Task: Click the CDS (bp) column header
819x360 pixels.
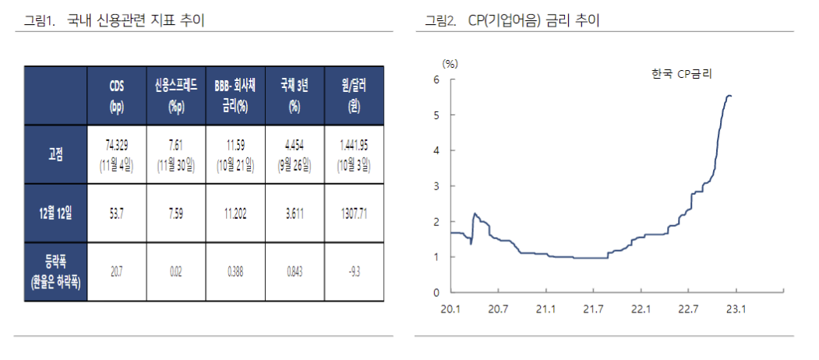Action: pyautogui.click(x=118, y=95)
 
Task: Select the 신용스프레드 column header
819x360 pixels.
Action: pyautogui.click(x=177, y=95)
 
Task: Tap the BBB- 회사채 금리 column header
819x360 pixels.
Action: pyautogui.click(x=235, y=95)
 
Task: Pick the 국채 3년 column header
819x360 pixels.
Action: pyautogui.click(x=295, y=95)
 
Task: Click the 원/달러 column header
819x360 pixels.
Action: pyautogui.click(x=354, y=95)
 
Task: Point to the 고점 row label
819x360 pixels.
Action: pyautogui.click(x=55, y=154)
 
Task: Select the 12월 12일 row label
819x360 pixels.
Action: pyautogui.click(x=55, y=214)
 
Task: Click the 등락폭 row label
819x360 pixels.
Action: pyautogui.click(x=55, y=272)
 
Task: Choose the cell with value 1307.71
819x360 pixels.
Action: pyautogui.click(x=354, y=214)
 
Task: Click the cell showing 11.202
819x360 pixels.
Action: pyautogui.click(x=235, y=214)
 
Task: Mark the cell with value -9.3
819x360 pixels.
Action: pyautogui.click(x=354, y=272)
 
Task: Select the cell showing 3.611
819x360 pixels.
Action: pyautogui.click(x=295, y=214)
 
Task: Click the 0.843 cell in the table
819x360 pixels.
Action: pyautogui.click(x=295, y=272)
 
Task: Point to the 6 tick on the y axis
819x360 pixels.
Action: pyautogui.click(x=436, y=79)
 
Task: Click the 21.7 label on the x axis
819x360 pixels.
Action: pyautogui.click(x=593, y=309)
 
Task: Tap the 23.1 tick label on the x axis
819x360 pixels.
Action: pyautogui.click(x=736, y=309)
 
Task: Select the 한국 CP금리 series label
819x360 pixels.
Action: pyautogui.click(x=683, y=73)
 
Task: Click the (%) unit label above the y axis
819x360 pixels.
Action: pyautogui.click(x=450, y=62)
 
